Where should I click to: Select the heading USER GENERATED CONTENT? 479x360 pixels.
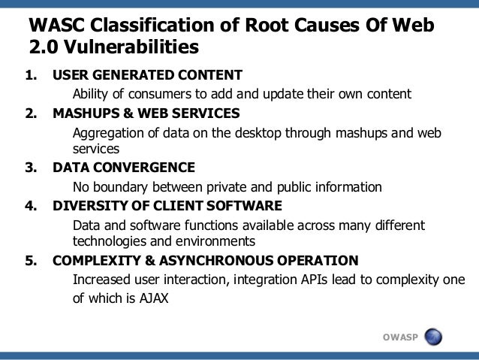[147, 76]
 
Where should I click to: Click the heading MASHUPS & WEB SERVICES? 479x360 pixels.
[146, 113]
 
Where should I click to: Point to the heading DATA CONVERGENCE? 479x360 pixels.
[124, 167]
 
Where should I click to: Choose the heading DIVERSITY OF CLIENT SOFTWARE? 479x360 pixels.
[167, 204]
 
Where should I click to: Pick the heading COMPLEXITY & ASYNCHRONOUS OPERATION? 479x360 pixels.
[205, 260]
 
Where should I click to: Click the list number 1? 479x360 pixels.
[32, 76]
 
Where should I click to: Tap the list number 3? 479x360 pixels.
[32, 167]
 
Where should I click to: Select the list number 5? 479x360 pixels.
[32, 260]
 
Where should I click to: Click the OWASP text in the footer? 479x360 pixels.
[402, 336]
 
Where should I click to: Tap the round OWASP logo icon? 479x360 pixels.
[433, 336]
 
